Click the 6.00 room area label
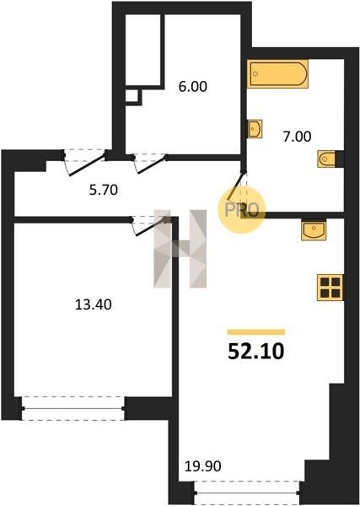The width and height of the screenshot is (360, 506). [192, 87]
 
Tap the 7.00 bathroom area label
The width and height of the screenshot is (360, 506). [297, 137]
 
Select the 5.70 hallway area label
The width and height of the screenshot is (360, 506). [103, 190]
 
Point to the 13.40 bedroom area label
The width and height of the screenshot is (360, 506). [94, 304]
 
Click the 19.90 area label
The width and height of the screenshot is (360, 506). [203, 466]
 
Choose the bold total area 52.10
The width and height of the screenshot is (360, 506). [255, 352]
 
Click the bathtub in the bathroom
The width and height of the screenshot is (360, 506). [277, 74]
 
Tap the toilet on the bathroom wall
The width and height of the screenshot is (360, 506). [326, 159]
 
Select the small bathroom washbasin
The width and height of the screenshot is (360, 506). [255, 129]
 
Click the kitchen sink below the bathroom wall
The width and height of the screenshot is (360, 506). [314, 229]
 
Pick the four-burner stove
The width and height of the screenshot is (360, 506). [330, 288]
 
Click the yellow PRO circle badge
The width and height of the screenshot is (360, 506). [242, 210]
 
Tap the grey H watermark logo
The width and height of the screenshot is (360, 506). [180, 249]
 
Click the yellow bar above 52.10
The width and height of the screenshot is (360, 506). [256, 332]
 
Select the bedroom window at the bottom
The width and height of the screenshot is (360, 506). [73, 408]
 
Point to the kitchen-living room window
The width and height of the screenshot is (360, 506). [247, 493]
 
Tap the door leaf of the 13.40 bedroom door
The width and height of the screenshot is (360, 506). [151, 228]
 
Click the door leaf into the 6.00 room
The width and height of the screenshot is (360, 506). [152, 165]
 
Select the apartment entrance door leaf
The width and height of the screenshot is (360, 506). [88, 166]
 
